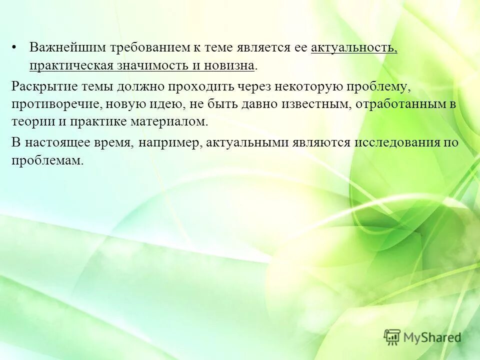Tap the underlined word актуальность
pos(353,48)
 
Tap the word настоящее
pos(57,142)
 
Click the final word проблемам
pos(46,160)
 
